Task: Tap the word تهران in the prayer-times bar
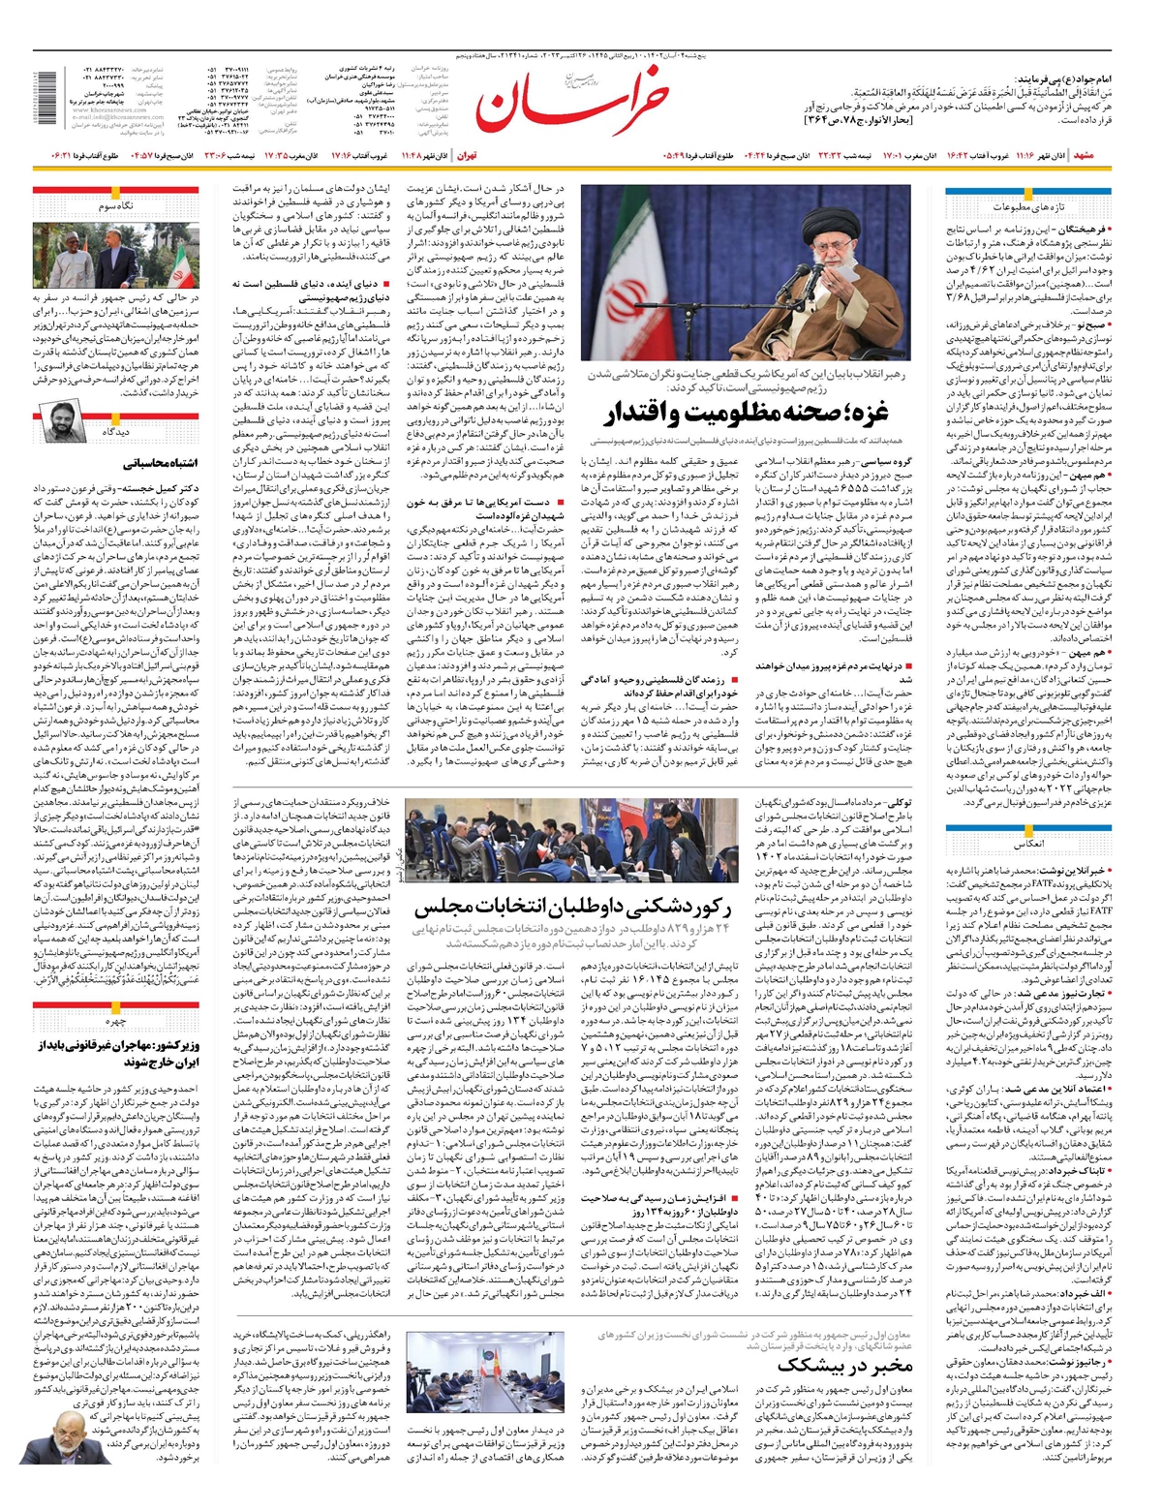pos(467,155)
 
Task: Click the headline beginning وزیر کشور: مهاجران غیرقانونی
pos(116,1054)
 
